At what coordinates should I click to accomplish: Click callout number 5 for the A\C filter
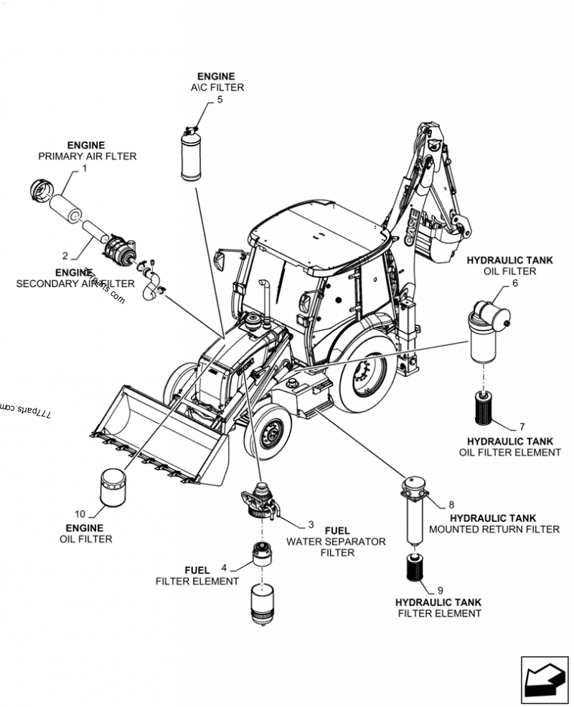(x=220, y=100)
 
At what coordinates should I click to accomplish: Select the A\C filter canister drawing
(x=191, y=154)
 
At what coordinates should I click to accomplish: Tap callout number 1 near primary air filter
(x=84, y=169)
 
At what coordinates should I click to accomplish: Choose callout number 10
(x=80, y=514)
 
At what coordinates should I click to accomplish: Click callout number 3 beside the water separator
(x=311, y=525)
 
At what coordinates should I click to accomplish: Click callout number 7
(x=522, y=426)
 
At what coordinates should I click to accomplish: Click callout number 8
(x=451, y=505)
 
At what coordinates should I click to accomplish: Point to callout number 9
(x=440, y=589)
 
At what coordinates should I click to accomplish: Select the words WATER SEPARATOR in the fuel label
(x=336, y=541)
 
